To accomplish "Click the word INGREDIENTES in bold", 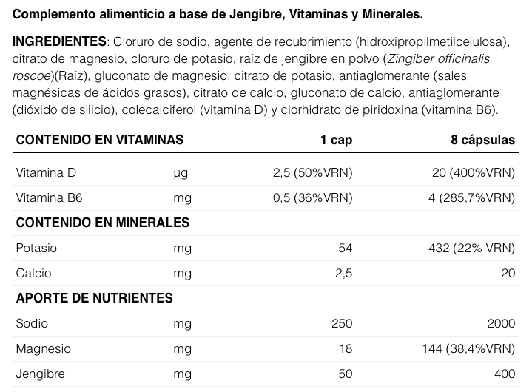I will click(x=60, y=40).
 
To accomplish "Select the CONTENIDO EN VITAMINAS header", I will click(x=100, y=140).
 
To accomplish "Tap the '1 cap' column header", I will click(x=336, y=140).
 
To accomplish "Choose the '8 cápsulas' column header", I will click(x=482, y=140).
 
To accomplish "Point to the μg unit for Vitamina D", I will click(x=181, y=173).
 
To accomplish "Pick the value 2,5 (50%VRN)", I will click(x=312, y=173).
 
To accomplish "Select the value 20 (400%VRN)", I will click(x=473, y=173).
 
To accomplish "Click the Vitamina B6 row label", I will click(x=50, y=197).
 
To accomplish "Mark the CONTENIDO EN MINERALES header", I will click(x=103, y=223).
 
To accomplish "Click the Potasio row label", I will click(x=36, y=248).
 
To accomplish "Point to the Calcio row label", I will click(x=34, y=273).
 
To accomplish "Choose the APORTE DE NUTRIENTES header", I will click(x=95, y=298).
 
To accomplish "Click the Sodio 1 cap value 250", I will click(x=342, y=323).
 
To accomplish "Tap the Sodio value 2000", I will click(x=500, y=323).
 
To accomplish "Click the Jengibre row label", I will click(x=38, y=374).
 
